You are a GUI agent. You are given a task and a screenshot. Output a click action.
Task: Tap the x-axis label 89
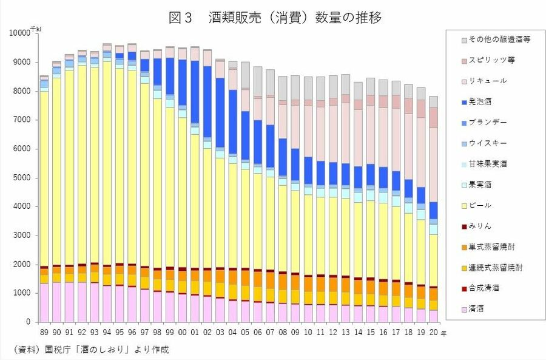pos(44,333)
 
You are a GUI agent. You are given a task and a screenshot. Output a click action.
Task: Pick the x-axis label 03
pos(220,333)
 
